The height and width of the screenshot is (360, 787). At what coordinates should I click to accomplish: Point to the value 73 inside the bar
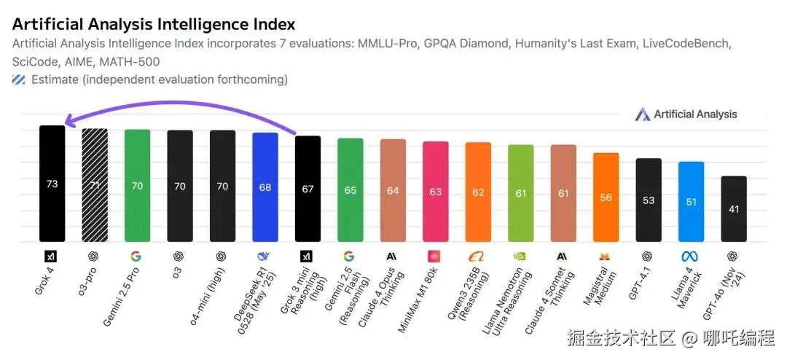(x=52, y=184)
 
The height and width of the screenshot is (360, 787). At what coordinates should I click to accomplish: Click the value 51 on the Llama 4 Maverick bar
(x=691, y=202)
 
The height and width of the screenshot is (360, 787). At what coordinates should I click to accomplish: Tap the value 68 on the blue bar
(x=265, y=187)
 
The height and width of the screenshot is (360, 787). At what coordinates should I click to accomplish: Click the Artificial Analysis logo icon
(x=642, y=114)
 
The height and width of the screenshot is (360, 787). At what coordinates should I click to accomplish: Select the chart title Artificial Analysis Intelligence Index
(x=153, y=25)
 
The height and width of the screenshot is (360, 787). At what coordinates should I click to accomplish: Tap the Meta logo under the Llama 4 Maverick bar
(x=691, y=256)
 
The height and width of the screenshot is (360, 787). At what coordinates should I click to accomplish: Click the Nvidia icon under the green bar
(x=520, y=256)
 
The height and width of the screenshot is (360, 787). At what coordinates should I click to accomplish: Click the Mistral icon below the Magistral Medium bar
(x=606, y=256)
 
